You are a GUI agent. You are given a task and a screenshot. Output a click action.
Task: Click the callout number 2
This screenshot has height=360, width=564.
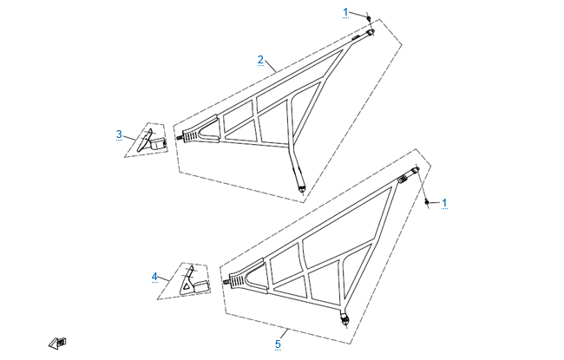pos(260,60)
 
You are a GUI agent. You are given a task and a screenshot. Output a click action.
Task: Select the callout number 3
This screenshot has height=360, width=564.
pos(119,134)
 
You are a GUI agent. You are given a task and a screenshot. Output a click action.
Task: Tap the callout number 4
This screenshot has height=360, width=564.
pos(154,277)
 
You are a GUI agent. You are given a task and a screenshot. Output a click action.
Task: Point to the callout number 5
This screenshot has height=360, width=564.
pos(278,344)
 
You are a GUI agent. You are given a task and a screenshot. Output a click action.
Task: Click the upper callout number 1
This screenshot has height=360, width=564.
pos(345,13)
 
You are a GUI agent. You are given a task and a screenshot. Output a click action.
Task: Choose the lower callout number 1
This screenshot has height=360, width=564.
pos(444,203)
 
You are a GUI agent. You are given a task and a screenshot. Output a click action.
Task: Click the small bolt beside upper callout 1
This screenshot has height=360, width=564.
pos(368,17)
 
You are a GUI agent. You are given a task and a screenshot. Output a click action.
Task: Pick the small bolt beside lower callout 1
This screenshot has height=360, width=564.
pos(427,202)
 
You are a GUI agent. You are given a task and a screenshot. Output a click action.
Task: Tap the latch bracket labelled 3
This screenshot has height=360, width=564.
pos(152,141)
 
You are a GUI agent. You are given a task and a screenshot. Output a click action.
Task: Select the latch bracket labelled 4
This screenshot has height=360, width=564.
pos(194,280)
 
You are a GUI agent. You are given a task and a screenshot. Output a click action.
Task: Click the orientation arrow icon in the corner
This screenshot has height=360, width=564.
pos(57,343)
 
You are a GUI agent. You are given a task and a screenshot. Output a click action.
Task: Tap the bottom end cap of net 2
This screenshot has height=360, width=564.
pos(301,188)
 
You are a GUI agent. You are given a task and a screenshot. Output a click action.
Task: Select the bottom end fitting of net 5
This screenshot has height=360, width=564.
pos(345,319)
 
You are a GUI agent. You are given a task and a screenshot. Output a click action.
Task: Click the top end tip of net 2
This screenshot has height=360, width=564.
pos(371,32)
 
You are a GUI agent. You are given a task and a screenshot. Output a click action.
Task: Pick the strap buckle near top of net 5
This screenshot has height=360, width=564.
pos(403,179)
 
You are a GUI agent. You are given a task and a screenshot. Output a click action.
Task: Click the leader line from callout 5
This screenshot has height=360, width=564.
pos(284,334)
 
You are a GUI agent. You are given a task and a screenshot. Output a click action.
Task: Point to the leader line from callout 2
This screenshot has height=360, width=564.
pos(271,67)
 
